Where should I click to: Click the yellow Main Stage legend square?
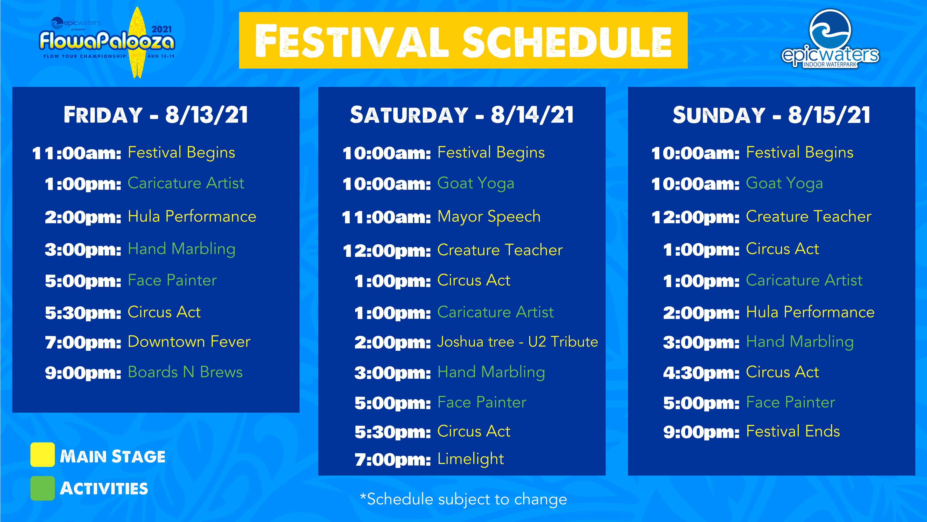(42, 455)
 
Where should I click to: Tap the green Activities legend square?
(42, 488)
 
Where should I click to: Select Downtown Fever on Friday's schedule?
(189, 341)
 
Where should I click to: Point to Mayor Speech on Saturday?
(489, 217)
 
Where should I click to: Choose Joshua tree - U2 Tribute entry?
(518, 341)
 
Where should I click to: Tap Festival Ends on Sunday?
(793, 431)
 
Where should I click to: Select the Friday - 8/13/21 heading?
(156, 115)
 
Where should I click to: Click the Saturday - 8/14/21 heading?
(462, 115)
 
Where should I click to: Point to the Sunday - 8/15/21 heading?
(772, 115)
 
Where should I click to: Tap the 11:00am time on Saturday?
(386, 217)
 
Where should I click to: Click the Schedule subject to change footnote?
(463, 499)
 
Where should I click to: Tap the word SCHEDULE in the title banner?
(567, 41)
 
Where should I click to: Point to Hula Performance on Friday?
(192, 217)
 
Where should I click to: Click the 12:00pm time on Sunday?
(695, 217)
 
